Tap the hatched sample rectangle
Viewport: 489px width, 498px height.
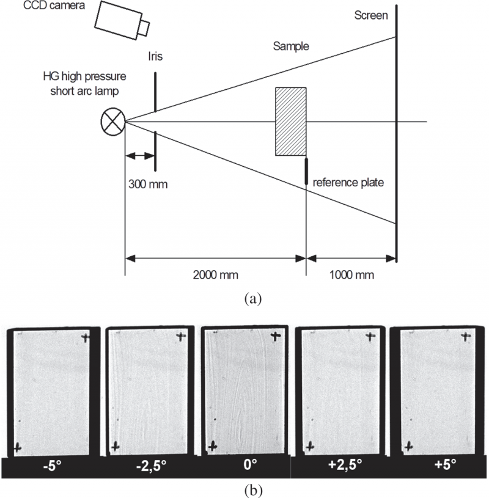click(291, 121)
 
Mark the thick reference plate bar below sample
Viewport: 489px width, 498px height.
click(306, 170)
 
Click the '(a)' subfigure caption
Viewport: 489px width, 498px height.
click(253, 299)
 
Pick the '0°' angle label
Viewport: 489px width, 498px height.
click(249, 466)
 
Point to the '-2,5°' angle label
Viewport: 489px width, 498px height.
click(150, 466)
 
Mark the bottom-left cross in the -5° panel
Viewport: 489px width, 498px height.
click(18, 446)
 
